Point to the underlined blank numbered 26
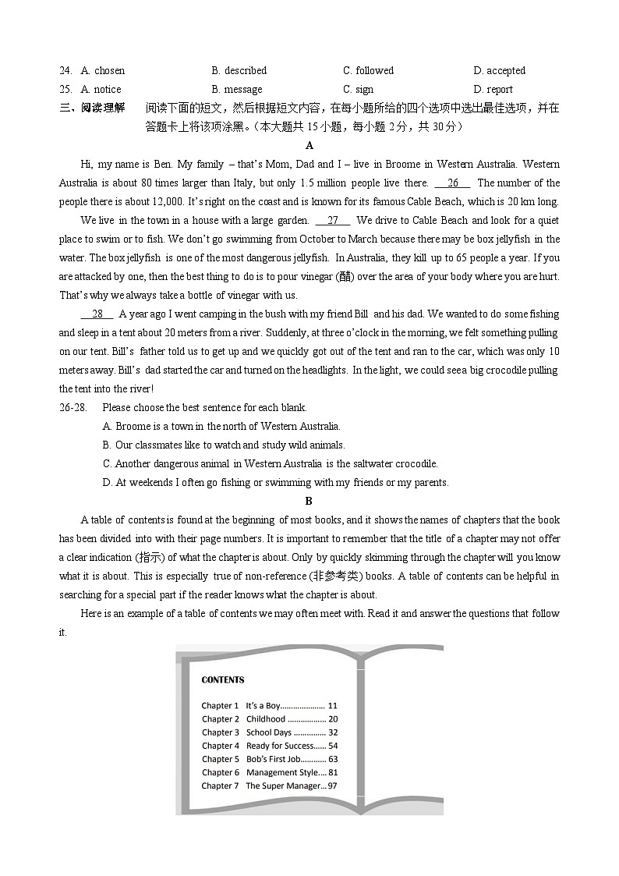click(453, 183)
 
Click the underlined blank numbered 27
click(333, 221)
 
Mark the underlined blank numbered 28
click(97, 314)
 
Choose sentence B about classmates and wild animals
click(224, 445)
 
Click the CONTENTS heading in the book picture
click(223, 679)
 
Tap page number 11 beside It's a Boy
click(333, 706)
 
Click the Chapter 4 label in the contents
click(221, 746)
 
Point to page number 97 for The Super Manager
click(332, 786)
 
